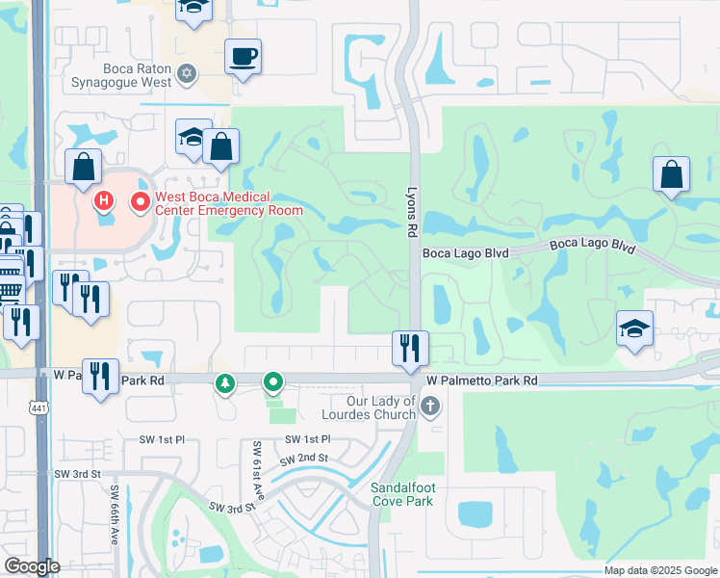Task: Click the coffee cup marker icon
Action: click(x=243, y=56)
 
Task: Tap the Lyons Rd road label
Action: click(x=411, y=212)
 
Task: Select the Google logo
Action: click(x=32, y=566)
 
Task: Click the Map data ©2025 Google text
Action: click(x=659, y=570)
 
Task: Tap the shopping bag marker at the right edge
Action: click(x=671, y=174)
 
